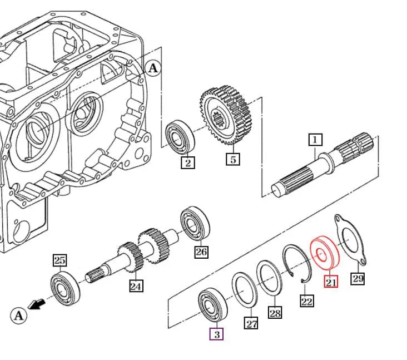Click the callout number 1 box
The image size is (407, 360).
315,139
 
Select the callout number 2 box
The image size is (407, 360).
188,162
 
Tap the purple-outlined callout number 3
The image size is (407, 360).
216,334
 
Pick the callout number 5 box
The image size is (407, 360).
233,159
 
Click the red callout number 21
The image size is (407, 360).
331,282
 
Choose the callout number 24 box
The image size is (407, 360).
136,286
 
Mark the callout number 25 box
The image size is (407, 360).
60,260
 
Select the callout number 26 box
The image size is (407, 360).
201,252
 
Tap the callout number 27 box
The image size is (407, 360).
252,323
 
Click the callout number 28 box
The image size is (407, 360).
275,313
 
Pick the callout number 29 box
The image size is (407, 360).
358,278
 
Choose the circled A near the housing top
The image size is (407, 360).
153,68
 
